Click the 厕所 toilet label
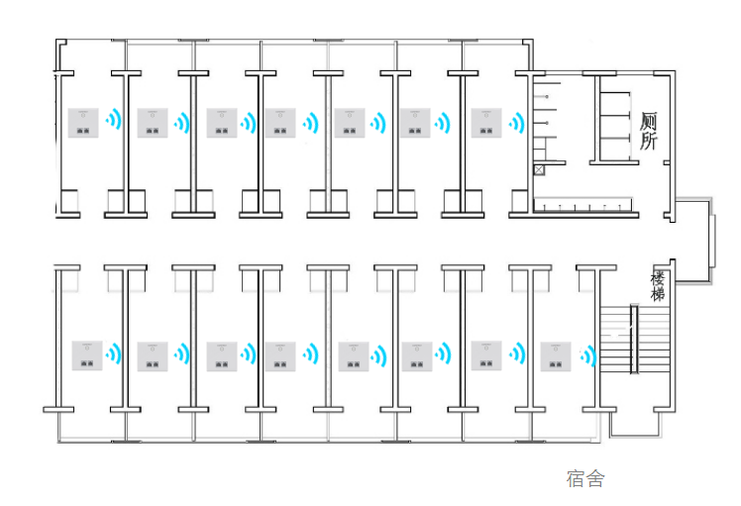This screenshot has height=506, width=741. coord(649,131)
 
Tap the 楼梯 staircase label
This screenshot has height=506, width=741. coord(658,286)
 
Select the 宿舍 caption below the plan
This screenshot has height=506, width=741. coord(585,479)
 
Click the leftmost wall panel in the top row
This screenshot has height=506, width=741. coord(83,123)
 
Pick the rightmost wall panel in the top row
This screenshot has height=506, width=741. coord(487,123)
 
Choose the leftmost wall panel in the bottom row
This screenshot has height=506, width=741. coord(87,355)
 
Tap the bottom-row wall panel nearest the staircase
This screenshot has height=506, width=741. coord(557,355)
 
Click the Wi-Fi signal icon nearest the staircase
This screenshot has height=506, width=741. coord(588,355)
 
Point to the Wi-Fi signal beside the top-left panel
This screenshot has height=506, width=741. coord(115,123)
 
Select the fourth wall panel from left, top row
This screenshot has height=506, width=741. coord(279,123)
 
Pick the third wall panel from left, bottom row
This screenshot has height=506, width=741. coord(222,355)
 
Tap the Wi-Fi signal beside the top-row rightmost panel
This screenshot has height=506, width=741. coord(516,123)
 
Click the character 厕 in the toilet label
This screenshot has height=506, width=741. coord(649,122)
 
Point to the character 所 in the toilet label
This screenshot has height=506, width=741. coord(649,141)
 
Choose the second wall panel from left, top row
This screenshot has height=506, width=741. coord(153,123)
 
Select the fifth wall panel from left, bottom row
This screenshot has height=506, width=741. coord(354,355)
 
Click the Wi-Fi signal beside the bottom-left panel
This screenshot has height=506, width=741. coord(114,354)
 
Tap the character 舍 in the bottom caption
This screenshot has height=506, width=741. coord(594,479)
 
